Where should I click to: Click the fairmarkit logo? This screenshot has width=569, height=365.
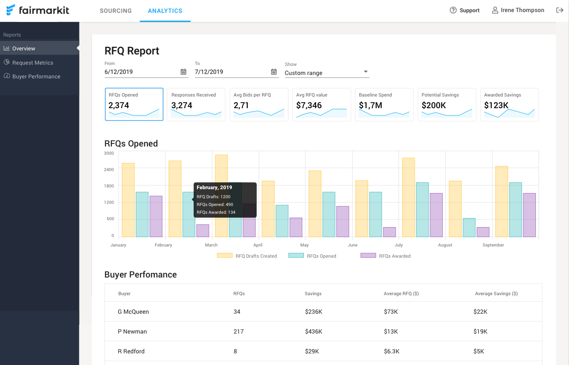click(38, 10)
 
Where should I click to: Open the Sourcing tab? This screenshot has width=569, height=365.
click(116, 11)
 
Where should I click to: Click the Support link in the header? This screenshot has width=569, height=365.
click(465, 10)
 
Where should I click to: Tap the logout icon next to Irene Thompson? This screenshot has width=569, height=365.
click(560, 10)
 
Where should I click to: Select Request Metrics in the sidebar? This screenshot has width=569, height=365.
click(33, 62)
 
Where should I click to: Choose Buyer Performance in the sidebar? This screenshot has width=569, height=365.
click(36, 76)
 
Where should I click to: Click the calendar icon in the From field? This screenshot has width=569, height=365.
click(183, 72)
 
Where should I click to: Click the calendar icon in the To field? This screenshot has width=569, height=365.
click(274, 72)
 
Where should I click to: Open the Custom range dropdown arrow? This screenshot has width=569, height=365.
click(366, 72)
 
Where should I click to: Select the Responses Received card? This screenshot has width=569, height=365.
click(196, 105)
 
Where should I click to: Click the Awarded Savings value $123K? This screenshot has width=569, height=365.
click(496, 105)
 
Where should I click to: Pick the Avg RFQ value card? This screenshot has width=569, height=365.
click(321, 105)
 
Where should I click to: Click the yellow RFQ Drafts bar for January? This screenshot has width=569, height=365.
click(128, 200)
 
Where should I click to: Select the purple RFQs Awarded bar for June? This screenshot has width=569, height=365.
click(389, 232)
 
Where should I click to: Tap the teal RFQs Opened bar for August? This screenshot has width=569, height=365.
click(469, 228)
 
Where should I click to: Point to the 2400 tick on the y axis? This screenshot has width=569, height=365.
click(109, 169)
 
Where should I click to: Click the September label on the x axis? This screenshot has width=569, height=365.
click(493, 245)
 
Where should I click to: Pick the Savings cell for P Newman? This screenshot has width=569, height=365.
click(313, 331)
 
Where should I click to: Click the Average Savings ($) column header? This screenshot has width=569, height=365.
click(496, 293)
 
